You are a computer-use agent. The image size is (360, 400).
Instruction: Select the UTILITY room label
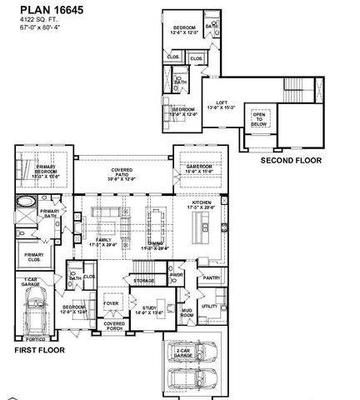point(209,307)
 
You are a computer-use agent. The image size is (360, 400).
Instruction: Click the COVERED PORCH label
point(113,326)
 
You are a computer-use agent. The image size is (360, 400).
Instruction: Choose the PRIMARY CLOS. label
point(34,256)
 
